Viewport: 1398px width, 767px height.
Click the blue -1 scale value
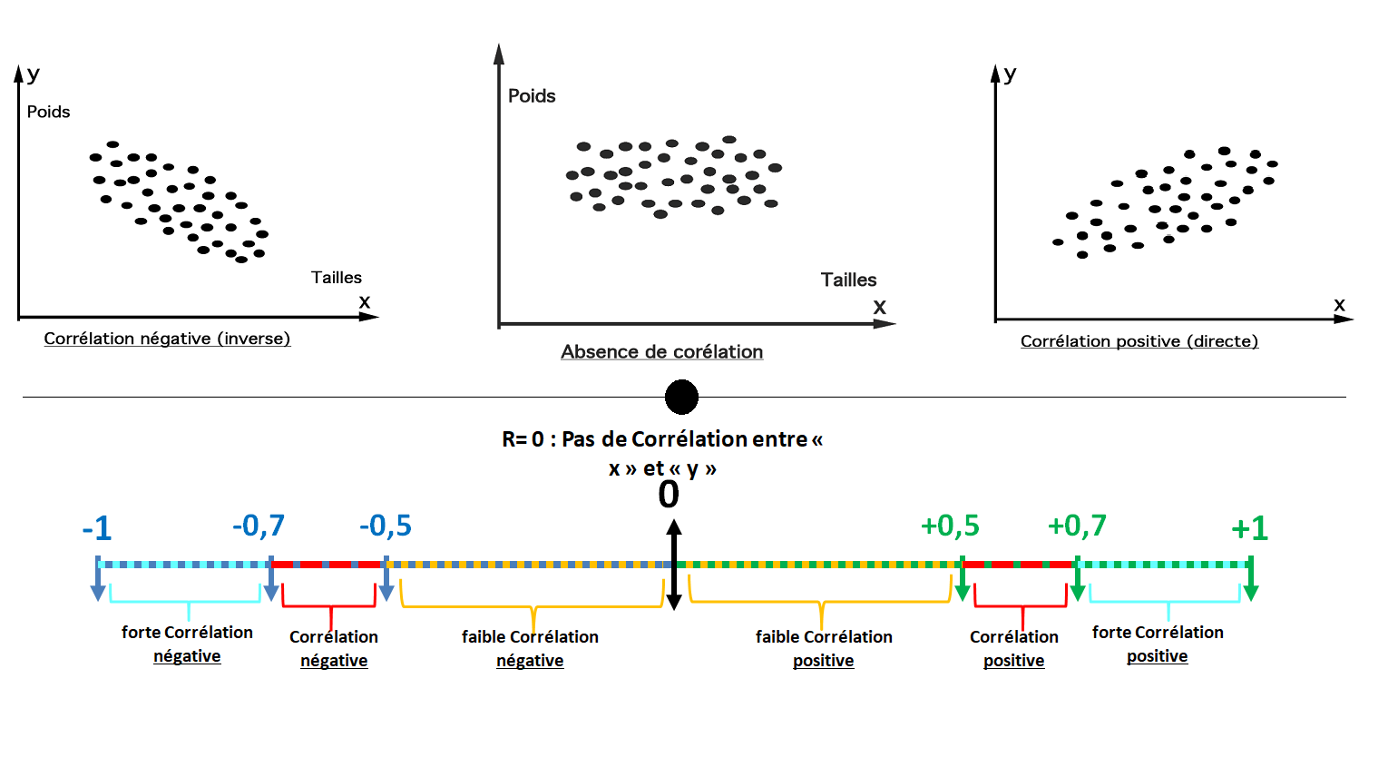(x=97, y=528)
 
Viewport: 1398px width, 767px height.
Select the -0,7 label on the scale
(x=259, y=526)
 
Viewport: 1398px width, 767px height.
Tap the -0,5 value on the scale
(x=386, y=526)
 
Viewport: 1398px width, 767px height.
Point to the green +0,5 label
(x=950, y=526)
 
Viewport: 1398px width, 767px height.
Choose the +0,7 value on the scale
(x=1077, y=526)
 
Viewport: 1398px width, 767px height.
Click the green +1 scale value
(x=1249, y=528)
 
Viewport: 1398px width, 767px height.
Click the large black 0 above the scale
(x=669, y=495)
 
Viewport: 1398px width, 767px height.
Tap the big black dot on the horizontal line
(x=681, y=398)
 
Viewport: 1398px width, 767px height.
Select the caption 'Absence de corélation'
(x=661, y=351)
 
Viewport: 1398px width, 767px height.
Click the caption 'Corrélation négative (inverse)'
(x=167, y=339)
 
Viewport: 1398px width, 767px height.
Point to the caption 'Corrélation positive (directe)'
(x=1139, y=341)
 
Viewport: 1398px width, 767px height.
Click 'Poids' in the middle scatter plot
(x=532, y=95)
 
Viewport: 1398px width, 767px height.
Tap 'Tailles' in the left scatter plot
(x=337, y=278)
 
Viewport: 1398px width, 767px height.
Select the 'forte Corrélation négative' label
(x=187, y=644)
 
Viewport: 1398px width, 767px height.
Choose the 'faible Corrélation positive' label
(x=824, y=648)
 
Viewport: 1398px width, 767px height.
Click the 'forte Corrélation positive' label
(x=1158, y=644)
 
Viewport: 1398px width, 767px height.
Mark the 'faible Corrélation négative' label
(x=530, y=648)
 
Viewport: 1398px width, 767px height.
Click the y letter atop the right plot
(x=1010, y=75)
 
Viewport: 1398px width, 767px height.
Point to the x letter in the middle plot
(x=879, y=308)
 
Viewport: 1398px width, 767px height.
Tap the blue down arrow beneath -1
(x=98, y=578)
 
